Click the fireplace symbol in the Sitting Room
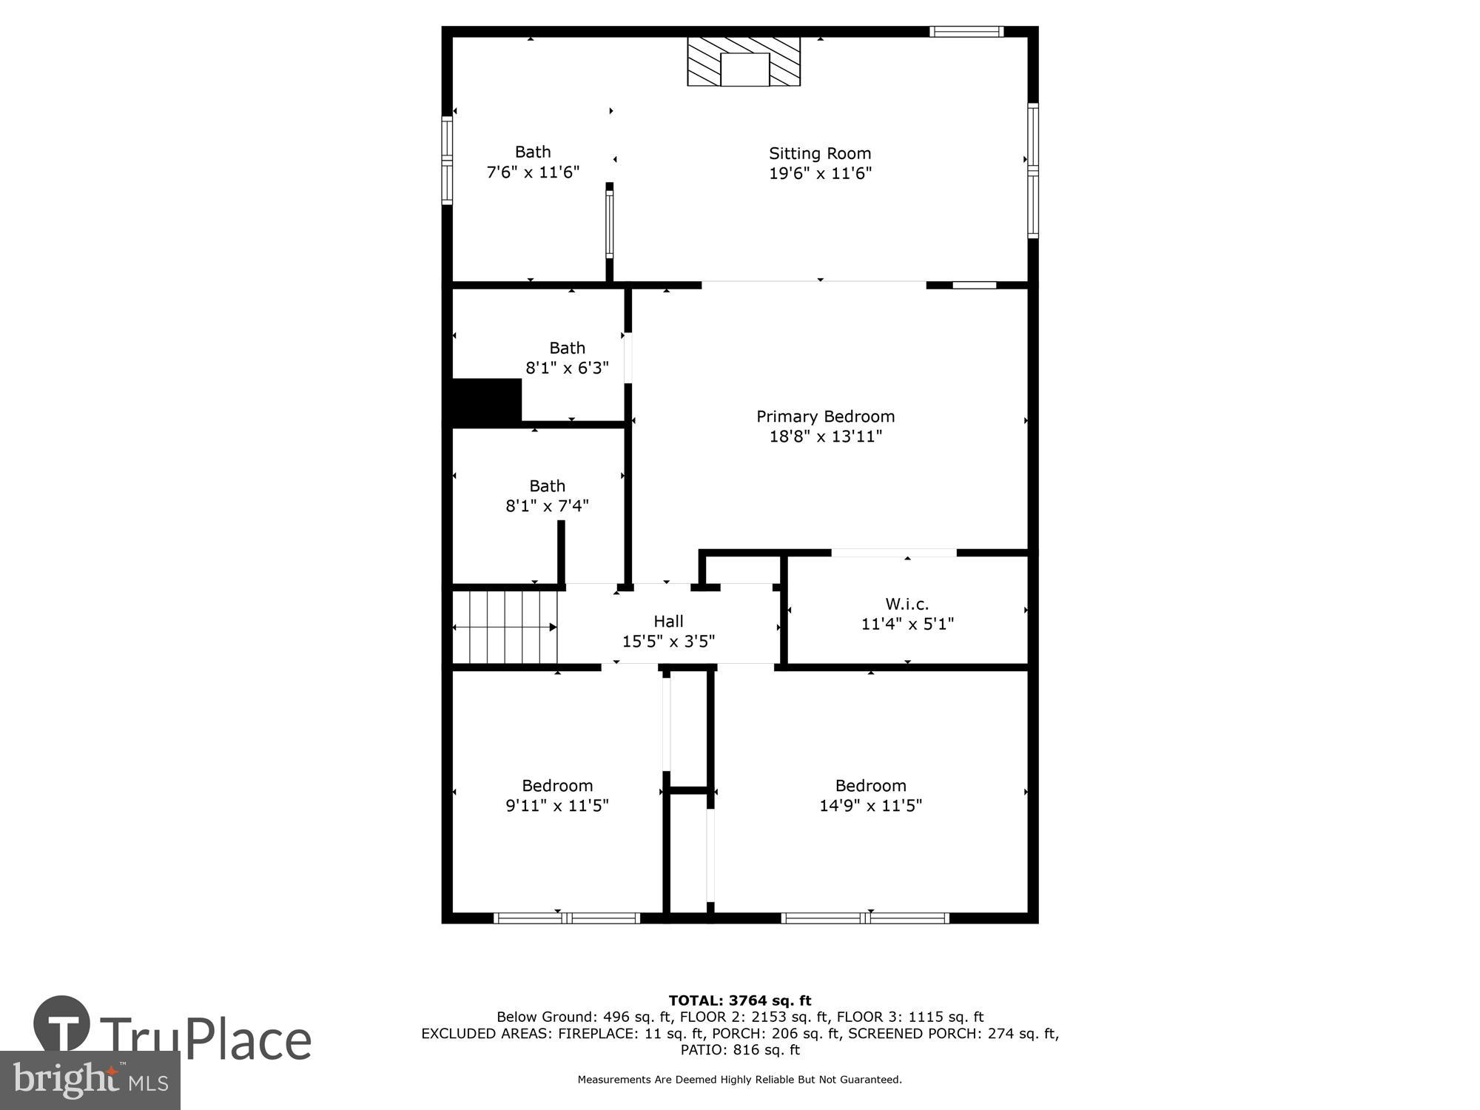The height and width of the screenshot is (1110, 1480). pyautogui.click(x=744, y=61)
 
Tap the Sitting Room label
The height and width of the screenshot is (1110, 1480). pyautogui.click(x=820, y=154)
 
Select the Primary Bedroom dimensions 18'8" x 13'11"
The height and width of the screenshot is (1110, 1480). pyautogui.click(x=826, y=437)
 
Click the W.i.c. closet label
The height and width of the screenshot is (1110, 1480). pyautogui.click(x=907, y=604)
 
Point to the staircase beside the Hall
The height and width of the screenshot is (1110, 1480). pyautogui.click(x=505, y=627)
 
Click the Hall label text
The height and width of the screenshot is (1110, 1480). pyautogui.click(x=668, y=622)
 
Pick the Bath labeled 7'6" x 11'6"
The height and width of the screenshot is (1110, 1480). pyautogui.click(x=533, y=162)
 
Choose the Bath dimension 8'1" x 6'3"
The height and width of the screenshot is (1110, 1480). pyautogui.click(x=567, y=368)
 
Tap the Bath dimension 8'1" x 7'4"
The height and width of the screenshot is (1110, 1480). pyautogui.click(x=547, y=506)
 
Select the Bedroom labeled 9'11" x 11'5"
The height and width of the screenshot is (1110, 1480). pyautogui.click(x=557, y=795)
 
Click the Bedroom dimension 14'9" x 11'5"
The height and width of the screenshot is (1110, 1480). pyautogui.click(x=870, y=806)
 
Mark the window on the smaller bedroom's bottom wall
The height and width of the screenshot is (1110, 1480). pyautogui.click(x=567, y=918)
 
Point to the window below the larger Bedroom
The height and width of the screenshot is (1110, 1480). pyautogui.click(x=865, y=918)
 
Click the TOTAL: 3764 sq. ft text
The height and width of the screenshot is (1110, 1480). pyautogui.click(x=740, y=1001)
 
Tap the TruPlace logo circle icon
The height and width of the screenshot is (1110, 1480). pyautogui.click(x=62, y=1024)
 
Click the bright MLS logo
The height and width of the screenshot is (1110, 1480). pyautogui.click(x=90, y=1080)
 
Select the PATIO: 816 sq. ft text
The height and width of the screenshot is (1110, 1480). pyautogui.click(x=740, y=1050)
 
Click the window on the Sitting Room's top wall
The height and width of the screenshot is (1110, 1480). pyautogui.click(x=966, y=32)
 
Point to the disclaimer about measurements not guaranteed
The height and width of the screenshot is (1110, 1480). pyautogui.click(x=740, y=1080)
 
